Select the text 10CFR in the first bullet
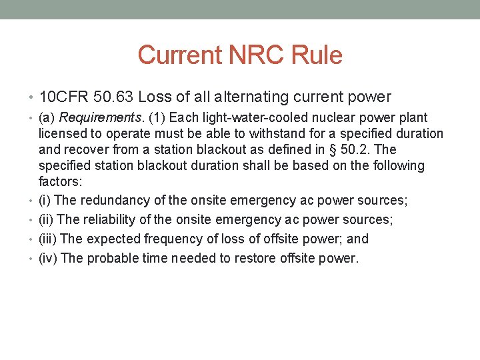tap(63, 97)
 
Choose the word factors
tap(59, 181)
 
